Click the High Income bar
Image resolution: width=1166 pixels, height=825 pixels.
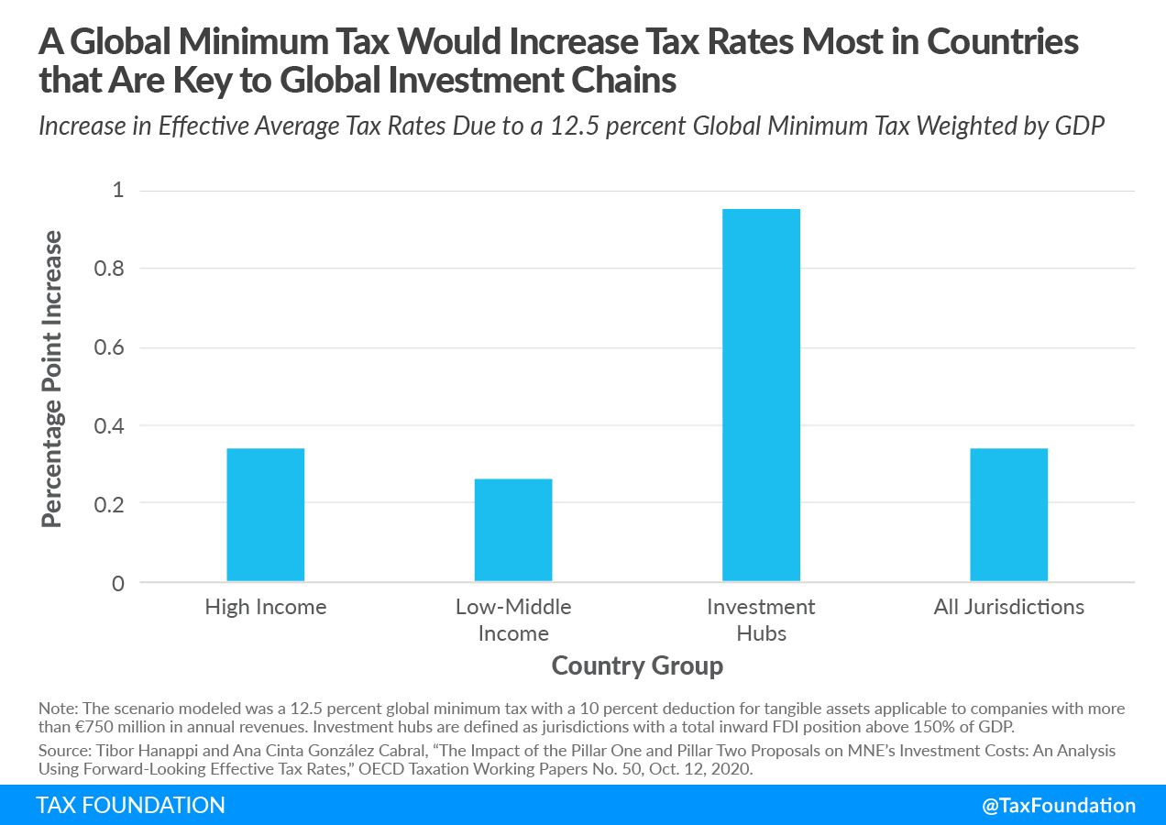[265, 514]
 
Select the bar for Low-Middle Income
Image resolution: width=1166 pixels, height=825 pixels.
[513, 530]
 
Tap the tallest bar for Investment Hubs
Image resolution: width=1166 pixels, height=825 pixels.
[761, 395]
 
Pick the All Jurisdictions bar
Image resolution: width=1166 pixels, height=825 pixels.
[1008, 514]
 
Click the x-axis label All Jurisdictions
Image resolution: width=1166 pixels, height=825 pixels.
[1008, 607]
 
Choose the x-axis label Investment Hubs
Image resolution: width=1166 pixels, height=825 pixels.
[761, 620]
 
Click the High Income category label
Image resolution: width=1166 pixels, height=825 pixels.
[265, 607]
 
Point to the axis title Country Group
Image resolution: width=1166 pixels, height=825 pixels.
[637, 665]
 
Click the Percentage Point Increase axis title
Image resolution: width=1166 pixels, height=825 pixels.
[52, 379]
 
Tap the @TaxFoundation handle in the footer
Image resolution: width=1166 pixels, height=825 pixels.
[1058, 805]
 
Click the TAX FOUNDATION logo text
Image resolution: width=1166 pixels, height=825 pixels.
[130, 805]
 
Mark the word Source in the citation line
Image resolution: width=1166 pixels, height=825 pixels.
[61, 750]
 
